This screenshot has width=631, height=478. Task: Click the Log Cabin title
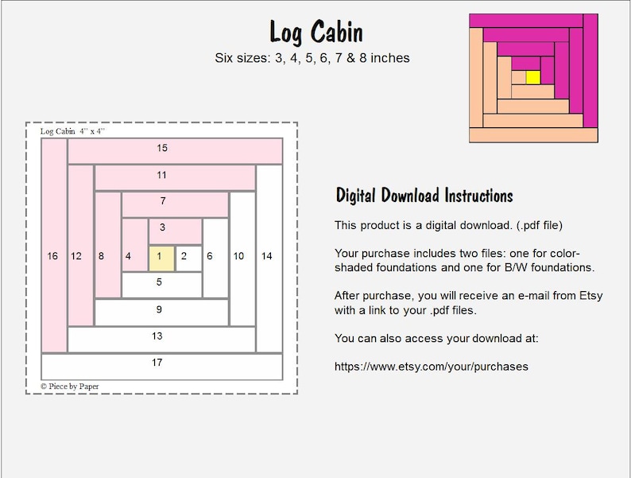pyautogui.click(x=316, y=33)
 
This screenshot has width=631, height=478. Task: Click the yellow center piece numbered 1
pyautogui.click(x=161, y=256)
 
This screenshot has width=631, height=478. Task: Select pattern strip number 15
pyautogui.click(x=162, y=149)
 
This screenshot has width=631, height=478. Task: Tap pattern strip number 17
pyautogui.click(x=157, y=363)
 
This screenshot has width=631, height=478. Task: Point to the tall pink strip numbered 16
pyautogui.click(x=52, y=256)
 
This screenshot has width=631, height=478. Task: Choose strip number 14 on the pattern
pyautogui.click(x=267, y=256)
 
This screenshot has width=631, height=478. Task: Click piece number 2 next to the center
pyautogui.click(x=184, y=256)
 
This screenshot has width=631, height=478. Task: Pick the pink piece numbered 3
pyautogui.click(x=162, y=228)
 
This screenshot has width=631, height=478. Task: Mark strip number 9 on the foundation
pyautogui.click(x=159, y=310)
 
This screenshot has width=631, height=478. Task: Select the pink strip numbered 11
pyautogui.click(x=162, y=176)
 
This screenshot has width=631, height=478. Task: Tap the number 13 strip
pyautogui.click(x=157, y=336)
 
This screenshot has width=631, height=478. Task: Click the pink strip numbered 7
pyautogui.click(x=163, y=202)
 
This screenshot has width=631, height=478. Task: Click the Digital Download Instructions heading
pyautogui.click(x=424, y=196)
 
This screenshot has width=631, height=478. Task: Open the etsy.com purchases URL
pyautogui.click(x=432, y=367)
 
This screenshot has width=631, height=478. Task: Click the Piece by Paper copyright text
pyautogui.click(x=70, y=387)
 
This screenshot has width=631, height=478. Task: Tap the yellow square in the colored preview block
pyautogui.click(x=533, y=77)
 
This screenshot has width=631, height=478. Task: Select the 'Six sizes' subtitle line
pyautogui.click(x=312, y=58)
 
